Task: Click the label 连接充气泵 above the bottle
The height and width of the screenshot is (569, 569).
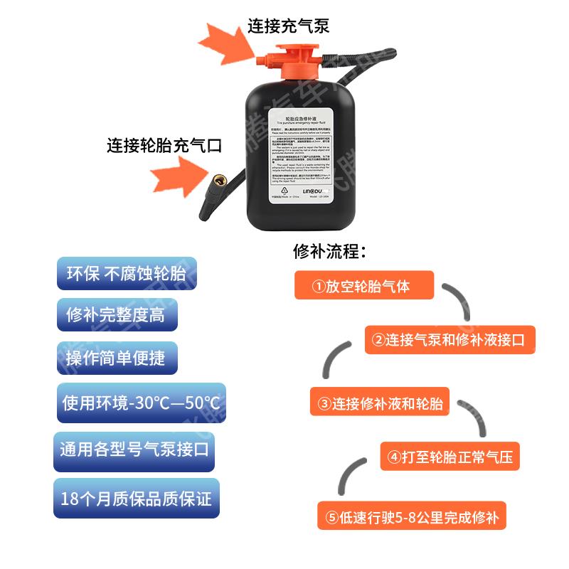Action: click(x=288, y=27)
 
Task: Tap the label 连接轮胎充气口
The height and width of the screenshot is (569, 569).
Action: click(x=164, y=145)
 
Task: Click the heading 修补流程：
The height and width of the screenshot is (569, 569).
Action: click(x=329, y=252)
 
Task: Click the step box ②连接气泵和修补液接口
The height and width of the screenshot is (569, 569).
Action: click(x=449, y=339)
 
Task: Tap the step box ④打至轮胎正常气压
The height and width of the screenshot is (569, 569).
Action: click(x=450, y=455)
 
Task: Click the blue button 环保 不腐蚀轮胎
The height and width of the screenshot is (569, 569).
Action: click(x=126, y=274)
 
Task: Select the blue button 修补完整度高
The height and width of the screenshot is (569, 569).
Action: click(x=116, y=314)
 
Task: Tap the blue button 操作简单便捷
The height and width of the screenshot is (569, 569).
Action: click(x=116, y=357)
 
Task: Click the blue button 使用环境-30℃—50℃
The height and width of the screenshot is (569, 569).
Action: click(x=142, y=403)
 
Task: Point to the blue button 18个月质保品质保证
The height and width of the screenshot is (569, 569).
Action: click(x=137, y=497)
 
